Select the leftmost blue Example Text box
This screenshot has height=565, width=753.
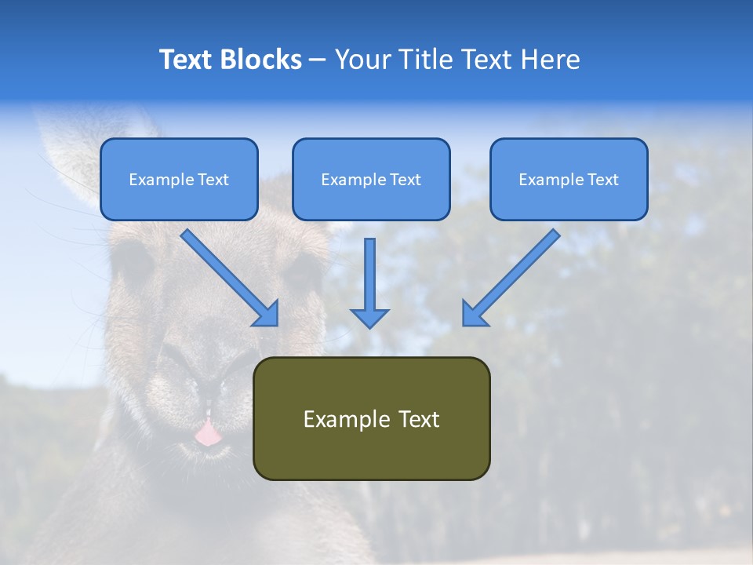179,179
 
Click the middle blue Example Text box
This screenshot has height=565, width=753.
371,179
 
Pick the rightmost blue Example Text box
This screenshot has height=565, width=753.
569,179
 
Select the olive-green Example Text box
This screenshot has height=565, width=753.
371,418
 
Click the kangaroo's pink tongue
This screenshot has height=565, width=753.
208,433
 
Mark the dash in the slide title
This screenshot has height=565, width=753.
317,60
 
